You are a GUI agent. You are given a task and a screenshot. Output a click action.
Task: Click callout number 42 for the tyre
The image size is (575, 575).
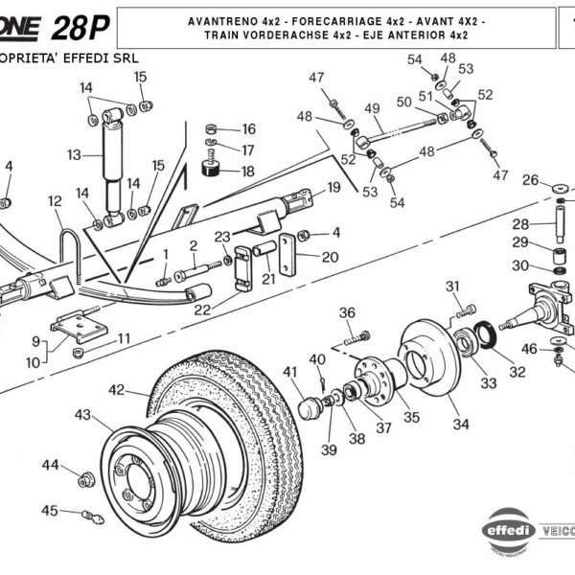(117, 390)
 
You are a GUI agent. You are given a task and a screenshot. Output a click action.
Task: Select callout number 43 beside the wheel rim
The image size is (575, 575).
(84, 415)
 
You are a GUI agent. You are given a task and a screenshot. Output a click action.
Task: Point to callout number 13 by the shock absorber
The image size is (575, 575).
(75, 154)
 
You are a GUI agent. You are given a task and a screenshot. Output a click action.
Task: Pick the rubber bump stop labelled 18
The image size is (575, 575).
(214, 172)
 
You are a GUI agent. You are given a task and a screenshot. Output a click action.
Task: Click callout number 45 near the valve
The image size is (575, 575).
(49, 511)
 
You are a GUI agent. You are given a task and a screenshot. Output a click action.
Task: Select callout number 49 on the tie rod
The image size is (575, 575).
(373, 107)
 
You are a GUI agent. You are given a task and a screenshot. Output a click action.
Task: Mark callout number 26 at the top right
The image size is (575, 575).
(530, 179)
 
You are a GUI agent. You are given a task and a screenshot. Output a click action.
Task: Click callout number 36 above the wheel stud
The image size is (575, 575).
(347, 312)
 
